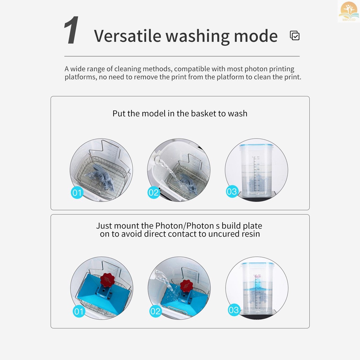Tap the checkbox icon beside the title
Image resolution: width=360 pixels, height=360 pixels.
pyautogui.click(x=295, y=36)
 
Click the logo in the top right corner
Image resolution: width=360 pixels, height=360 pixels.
pyautogui.click(x=348, y=11)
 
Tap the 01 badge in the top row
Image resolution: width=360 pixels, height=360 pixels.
pyautogui.click(x=77, y=192)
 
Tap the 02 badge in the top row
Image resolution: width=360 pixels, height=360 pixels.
pyautogui.click(x=154, y=192)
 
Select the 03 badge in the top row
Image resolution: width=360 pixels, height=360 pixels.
pyautogui.click(x=232, y=192)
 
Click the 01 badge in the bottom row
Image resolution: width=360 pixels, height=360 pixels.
pyautogui.click(x=79, y=311)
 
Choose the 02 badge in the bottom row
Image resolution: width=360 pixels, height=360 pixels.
pyautogui.click(x=155, y=311)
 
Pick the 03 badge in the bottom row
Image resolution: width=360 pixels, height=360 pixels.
pyautogui.click(x=234, y=310)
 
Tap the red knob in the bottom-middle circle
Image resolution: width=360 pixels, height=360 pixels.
pyautogui.click(x=186, y=285)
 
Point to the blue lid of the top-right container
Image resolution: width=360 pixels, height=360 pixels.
pyautogui.click(x=256, y=145)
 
